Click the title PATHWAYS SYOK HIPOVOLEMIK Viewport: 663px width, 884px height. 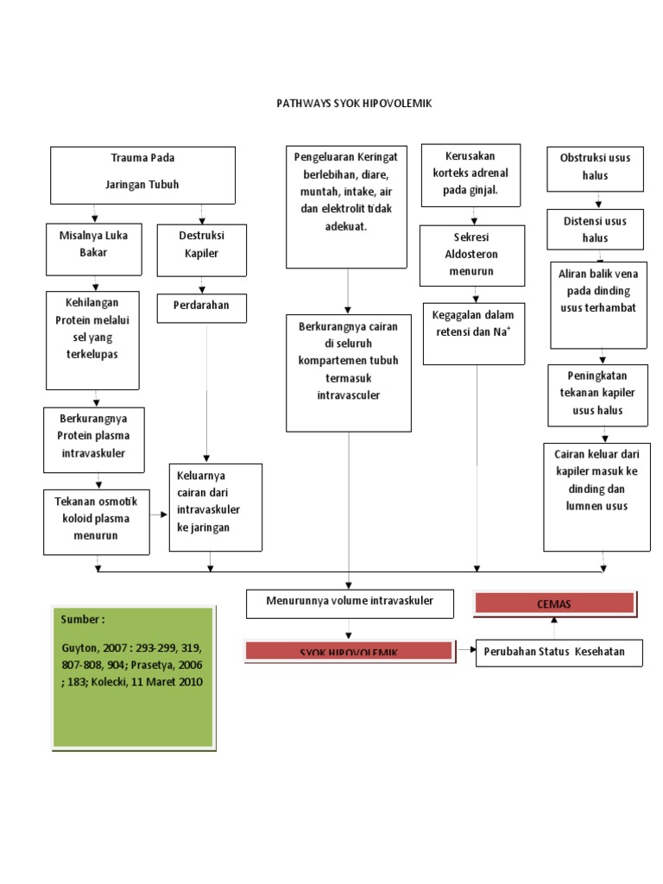(353, 104)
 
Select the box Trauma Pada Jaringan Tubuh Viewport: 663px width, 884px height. (142, 174)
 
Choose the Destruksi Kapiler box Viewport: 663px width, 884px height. (202, 249)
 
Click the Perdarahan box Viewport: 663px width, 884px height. (202, 306)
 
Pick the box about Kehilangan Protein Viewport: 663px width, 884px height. (92, 338)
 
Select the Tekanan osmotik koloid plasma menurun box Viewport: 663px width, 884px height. (96, 521)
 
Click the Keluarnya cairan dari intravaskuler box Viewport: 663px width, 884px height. (215, 508)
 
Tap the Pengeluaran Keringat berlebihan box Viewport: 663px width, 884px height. (347, 206)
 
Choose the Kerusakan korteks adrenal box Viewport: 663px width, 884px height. (470, 175)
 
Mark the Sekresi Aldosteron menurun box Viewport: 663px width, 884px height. (472, 256)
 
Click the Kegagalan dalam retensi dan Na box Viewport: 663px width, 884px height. (473, 332)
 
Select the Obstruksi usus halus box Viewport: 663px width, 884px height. (596, 168)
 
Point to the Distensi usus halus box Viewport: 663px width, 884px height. (596, 230)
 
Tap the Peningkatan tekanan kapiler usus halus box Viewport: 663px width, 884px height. (597, 395)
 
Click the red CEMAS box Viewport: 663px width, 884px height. (554, 603)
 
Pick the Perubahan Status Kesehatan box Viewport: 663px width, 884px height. (559, 652)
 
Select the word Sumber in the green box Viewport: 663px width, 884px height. (83, 620)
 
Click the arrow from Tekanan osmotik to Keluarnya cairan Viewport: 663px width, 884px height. (159, 515)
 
